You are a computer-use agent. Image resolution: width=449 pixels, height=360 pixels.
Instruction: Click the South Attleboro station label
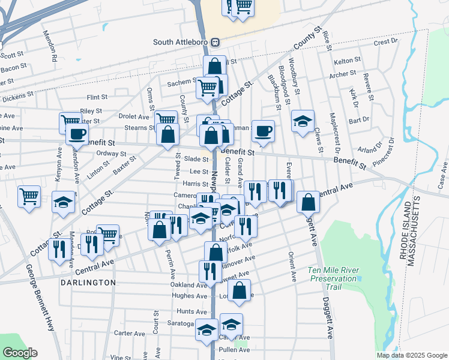[181, 43]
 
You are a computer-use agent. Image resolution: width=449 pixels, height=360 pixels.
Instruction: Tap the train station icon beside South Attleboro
[215, 43]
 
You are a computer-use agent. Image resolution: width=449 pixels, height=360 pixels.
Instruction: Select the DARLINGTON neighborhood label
[88, 282]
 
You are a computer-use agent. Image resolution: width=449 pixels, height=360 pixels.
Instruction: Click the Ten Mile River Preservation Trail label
[334, 274]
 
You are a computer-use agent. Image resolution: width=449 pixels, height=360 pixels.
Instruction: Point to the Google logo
[19, 353]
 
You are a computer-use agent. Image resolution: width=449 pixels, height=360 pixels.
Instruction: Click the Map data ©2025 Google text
[412, 355]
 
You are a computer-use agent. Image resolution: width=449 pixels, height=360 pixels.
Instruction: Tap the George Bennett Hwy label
[40, 300]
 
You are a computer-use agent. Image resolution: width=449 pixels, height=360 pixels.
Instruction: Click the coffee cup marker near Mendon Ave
[77, 134]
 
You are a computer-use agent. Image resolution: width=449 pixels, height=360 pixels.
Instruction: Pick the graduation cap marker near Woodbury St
[303, 120]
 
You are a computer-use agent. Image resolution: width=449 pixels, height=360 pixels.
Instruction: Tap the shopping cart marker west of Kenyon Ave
[29, 196]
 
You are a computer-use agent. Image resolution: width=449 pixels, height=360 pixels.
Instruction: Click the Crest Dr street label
[385, 43]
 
